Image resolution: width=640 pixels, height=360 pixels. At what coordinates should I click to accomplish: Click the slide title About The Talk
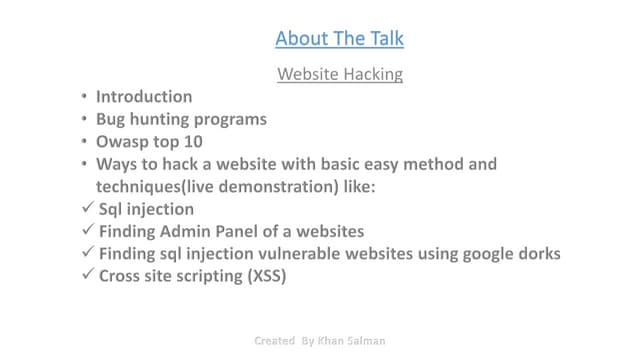(340, 39)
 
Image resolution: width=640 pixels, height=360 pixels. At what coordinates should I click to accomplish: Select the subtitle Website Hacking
(340, 74)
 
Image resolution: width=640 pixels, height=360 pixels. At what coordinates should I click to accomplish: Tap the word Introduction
(144, 97)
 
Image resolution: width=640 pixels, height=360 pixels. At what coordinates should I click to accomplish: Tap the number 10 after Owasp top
(193, 142)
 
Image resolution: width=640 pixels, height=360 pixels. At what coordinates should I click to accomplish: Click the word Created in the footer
(275, 340)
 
